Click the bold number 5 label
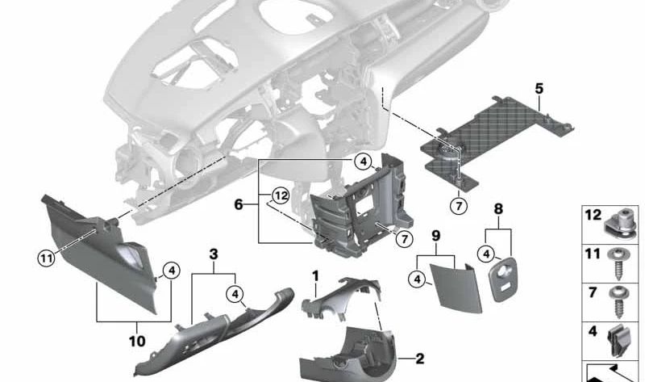(x=539, y=87)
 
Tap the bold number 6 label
(x=239, y=205)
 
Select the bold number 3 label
(x=213, y=254)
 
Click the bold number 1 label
(x=316, y=275)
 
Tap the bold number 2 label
(x=419, y=358)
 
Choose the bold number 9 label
(x=435, y=236)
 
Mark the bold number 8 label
(x=497, y=208)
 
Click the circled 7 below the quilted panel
(x=459, y=206)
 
